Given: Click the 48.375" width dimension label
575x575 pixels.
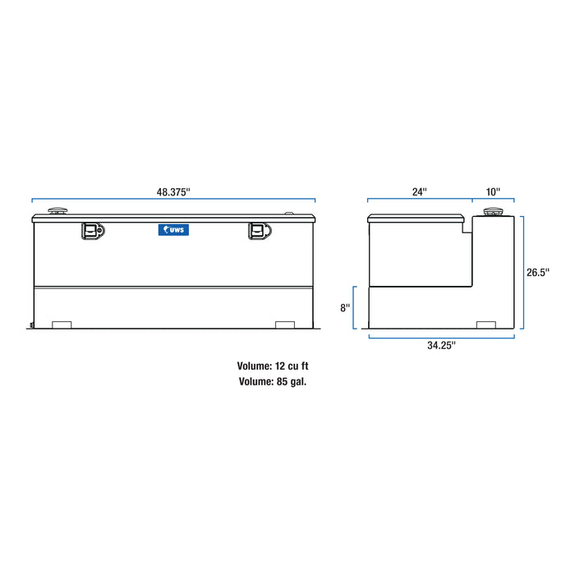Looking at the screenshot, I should pyautogui.click(x=173, y=191).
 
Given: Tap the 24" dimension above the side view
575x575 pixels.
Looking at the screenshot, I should pyautogui.click(x=420, y=191).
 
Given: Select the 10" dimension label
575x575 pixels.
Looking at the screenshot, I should pyautogui.click(x=493, y=191).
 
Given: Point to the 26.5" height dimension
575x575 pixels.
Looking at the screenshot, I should pyautogui.click(x=538, y=271).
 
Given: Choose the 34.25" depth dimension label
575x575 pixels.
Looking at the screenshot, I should pyautogui.click(x=441, y=345).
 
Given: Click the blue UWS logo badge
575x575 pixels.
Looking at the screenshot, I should pyautogui.click(x=173, y=231).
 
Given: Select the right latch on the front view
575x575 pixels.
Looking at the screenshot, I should pyautogui.click(x=260, y=232).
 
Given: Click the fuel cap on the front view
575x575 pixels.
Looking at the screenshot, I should pyautogui.click(x=58, y=212).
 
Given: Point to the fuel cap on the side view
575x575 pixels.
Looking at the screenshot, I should pyautogui.click(x=493, y=213).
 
